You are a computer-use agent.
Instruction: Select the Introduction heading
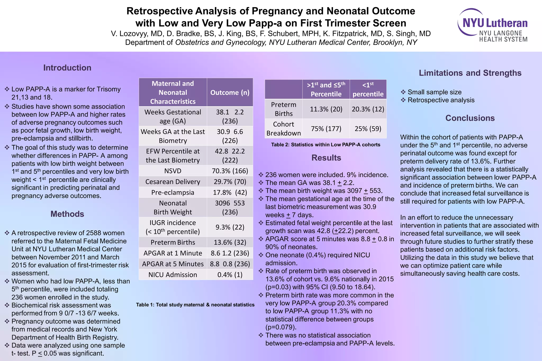point(67,68)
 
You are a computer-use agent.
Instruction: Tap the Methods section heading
point(67,214)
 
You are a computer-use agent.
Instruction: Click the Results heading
point(326,158)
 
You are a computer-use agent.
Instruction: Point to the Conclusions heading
point(470,118)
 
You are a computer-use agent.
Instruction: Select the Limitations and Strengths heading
point(470,73)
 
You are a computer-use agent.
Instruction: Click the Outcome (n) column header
point(230,93)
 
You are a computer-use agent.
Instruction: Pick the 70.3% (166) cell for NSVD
point(230,171)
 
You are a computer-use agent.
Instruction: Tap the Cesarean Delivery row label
point(173,182)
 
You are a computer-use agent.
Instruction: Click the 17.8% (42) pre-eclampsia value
point(230,193)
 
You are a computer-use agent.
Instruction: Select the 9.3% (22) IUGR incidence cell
point(230,227)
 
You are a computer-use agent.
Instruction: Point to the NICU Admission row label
point(173,275)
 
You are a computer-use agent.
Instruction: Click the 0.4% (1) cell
point(230,275)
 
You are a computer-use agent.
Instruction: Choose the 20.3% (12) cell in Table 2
point(368,109)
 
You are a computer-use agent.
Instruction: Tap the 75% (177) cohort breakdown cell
point(326,129)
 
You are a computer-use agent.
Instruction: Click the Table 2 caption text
point(326,145)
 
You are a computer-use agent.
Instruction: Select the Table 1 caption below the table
point(195,305)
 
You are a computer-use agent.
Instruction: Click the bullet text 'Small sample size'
point(434,92)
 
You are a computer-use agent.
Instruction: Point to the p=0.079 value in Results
point(281,327)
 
